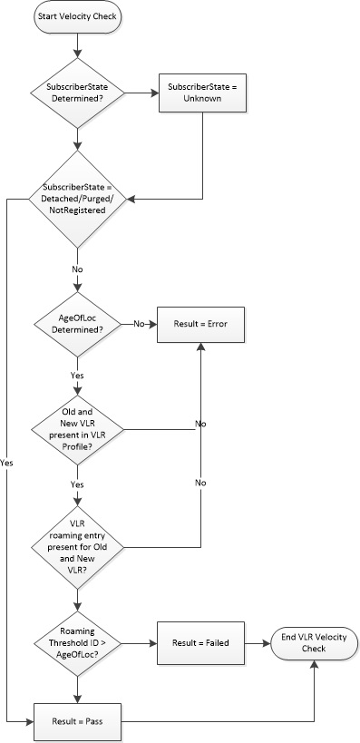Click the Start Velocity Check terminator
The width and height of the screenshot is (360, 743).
click(79, 18)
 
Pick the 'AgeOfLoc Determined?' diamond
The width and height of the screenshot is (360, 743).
click(79, 324)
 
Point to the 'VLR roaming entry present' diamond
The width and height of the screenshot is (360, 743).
click(79, 546)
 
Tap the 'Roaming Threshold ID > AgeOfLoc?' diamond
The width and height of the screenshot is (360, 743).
click(79, 643)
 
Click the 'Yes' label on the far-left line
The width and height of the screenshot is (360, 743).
click(8, 462)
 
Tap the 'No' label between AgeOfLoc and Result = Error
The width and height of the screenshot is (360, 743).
click(140, 324)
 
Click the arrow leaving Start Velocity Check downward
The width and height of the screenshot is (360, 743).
click(79, 43)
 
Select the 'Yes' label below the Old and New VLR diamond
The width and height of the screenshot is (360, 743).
click(79, 485)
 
